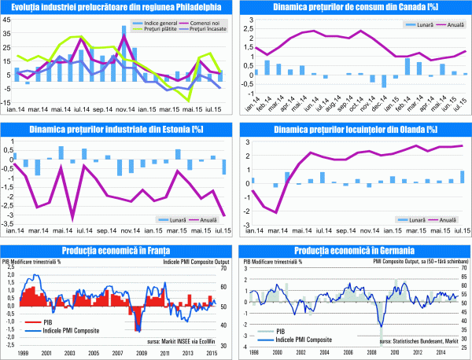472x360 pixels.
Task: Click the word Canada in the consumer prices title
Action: click(x=407, y=7)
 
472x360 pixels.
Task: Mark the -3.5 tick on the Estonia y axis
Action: click(x=8, y=222)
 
